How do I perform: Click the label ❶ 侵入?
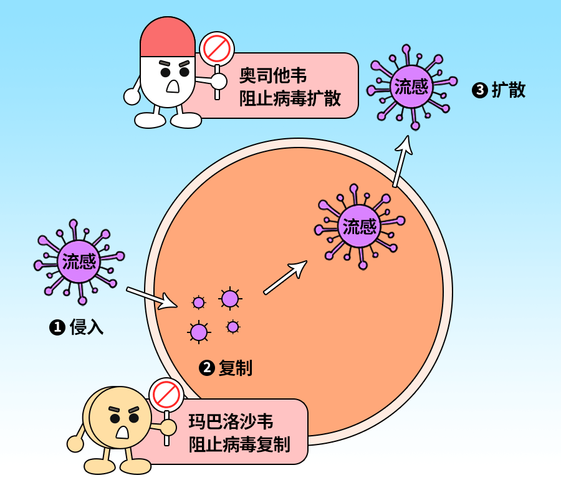[x=77, y=327]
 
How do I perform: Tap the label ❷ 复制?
[x=226, y=368]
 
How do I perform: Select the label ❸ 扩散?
[x=499, y=90]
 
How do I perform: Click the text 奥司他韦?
[x=273, y=76]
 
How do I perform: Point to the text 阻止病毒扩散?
[x=290, y=98]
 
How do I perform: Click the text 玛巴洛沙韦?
[x=231, y=421]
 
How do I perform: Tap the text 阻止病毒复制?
[x=239, y=444]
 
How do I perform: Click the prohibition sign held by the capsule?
[x=216, y=48]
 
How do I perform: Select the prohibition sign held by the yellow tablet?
[x=166, y=395]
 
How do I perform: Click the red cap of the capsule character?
[x=167, y=39]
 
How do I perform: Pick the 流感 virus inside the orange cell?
[x=360, y=226]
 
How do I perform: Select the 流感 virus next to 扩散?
[x=411, y=87]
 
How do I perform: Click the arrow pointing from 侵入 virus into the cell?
[x=151, y=298]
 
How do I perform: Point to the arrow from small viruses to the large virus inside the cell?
[x=285, y=277]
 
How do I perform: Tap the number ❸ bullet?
[x=480, y=91]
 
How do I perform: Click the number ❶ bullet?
[x=57, y=327]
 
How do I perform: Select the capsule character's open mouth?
[x=173, y=85]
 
